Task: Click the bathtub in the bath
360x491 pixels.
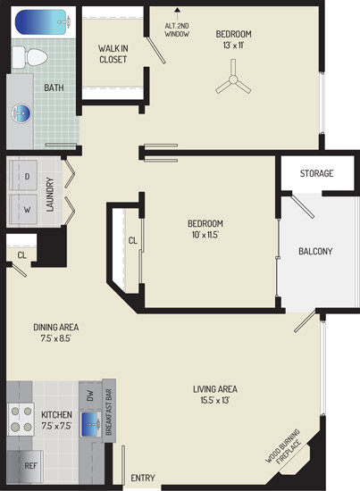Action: pos(42,22)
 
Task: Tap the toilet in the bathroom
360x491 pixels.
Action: pos(30,57)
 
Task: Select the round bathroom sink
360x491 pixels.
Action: pos(21,113)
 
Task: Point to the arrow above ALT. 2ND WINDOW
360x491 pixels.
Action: pos(178,14)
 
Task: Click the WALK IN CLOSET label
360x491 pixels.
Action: pos(113,54)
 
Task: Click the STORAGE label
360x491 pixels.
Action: pos(316,173)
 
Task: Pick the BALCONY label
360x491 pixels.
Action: pos(315,251)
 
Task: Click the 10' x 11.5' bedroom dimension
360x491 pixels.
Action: pos(205,235)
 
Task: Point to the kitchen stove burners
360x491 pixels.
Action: pos(21,419)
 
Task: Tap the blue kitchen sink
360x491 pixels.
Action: pos(91,424)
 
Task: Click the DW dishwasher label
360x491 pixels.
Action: pos(90,395)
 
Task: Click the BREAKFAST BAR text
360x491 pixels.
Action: pos(109,412)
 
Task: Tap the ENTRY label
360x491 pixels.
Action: pos(143,478)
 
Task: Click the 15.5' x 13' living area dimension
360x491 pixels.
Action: pos(215,400)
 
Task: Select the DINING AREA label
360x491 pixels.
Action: pos(56,328)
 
